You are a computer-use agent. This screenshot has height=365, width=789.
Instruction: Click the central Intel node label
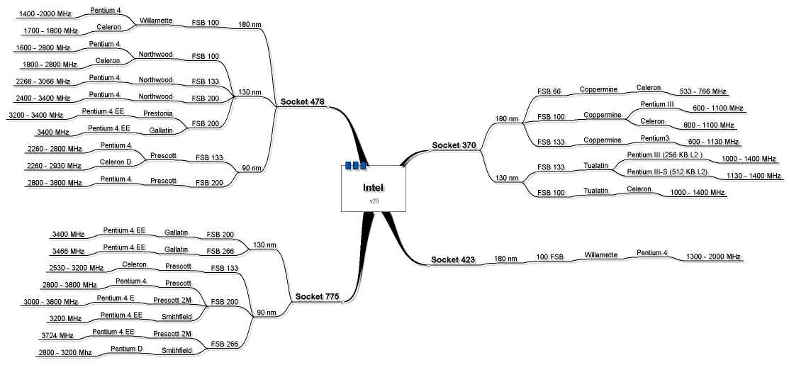[x=373, y=188]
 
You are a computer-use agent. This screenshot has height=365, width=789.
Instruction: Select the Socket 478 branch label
[x=303, y=102]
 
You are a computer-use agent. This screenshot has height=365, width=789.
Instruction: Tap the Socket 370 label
[x=454, y=145]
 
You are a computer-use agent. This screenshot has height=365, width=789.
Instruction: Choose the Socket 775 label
[x=317, y=296]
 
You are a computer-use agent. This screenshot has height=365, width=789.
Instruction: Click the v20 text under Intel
[x=374, y=201]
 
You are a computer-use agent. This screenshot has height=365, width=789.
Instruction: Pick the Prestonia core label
[x=157, y=113]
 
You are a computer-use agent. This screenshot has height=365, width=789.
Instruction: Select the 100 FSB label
[x=549, y=257]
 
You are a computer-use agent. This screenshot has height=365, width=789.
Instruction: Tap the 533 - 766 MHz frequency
[x=703, y=91]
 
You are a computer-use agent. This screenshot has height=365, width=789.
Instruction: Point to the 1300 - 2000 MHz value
[x=713, y=257]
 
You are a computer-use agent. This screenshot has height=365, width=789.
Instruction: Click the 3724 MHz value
[x=57, y=335]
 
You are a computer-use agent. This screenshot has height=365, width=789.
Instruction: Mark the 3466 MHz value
[x=68, y=251]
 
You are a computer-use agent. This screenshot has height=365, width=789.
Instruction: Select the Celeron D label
[x=111, y=162]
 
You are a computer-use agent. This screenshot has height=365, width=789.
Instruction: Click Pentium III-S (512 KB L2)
[x=667, y=172]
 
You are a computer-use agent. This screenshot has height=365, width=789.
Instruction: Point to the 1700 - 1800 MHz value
[x=51, y=30]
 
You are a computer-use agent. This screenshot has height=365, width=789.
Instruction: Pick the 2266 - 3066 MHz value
[x=43, y=81]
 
